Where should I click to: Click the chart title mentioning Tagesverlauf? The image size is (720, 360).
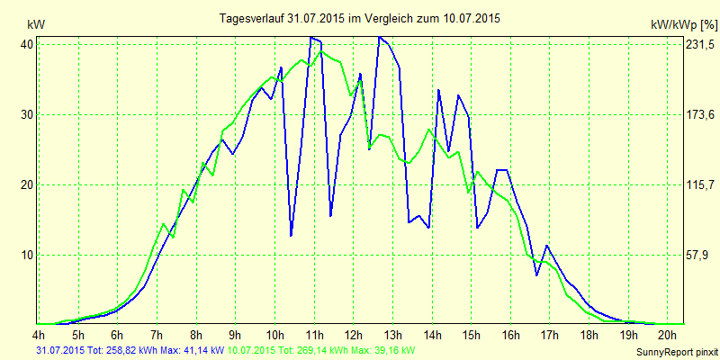[x=360, y=18]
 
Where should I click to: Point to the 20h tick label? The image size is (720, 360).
[x=667, y=335]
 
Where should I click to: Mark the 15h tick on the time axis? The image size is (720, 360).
[x=471, y=335]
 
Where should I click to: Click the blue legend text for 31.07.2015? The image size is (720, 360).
[x=128, y=349]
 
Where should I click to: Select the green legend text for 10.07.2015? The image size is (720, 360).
[x=322, y=349]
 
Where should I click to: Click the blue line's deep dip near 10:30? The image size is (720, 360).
[x=291, y=235]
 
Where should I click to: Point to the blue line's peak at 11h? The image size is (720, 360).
[x=311, y=37]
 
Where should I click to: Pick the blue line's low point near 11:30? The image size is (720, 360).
[x=330, y=216]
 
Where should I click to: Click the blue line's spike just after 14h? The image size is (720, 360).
[x=438, y=90]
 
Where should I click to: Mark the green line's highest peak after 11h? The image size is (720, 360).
[x=322, y=51]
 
